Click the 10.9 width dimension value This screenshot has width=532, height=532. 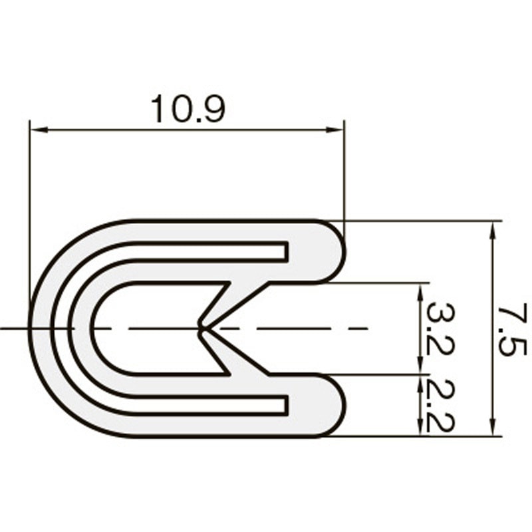pyautogui.click(x=188, y=108)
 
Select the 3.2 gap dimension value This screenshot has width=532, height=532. pyautogui.click(x=436, y=329)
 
